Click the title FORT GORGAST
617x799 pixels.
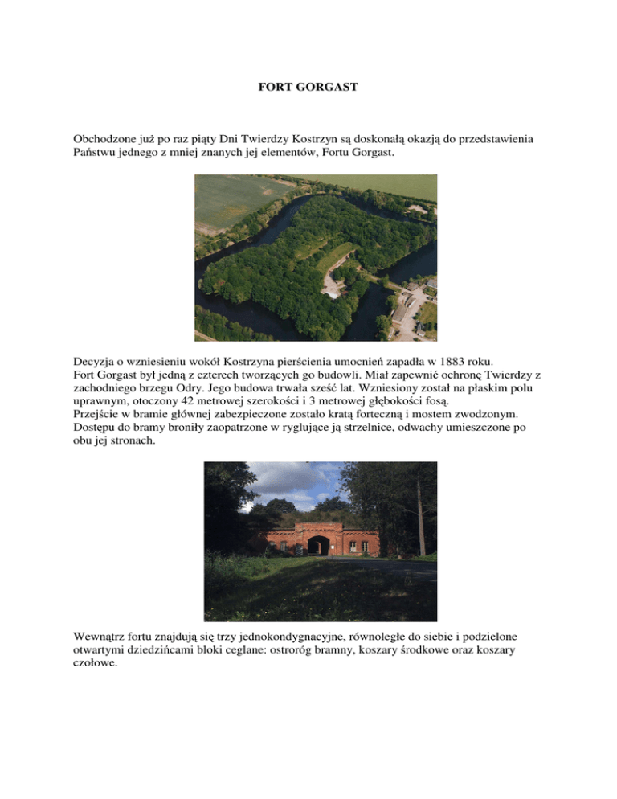308,85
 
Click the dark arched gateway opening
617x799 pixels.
319,546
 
